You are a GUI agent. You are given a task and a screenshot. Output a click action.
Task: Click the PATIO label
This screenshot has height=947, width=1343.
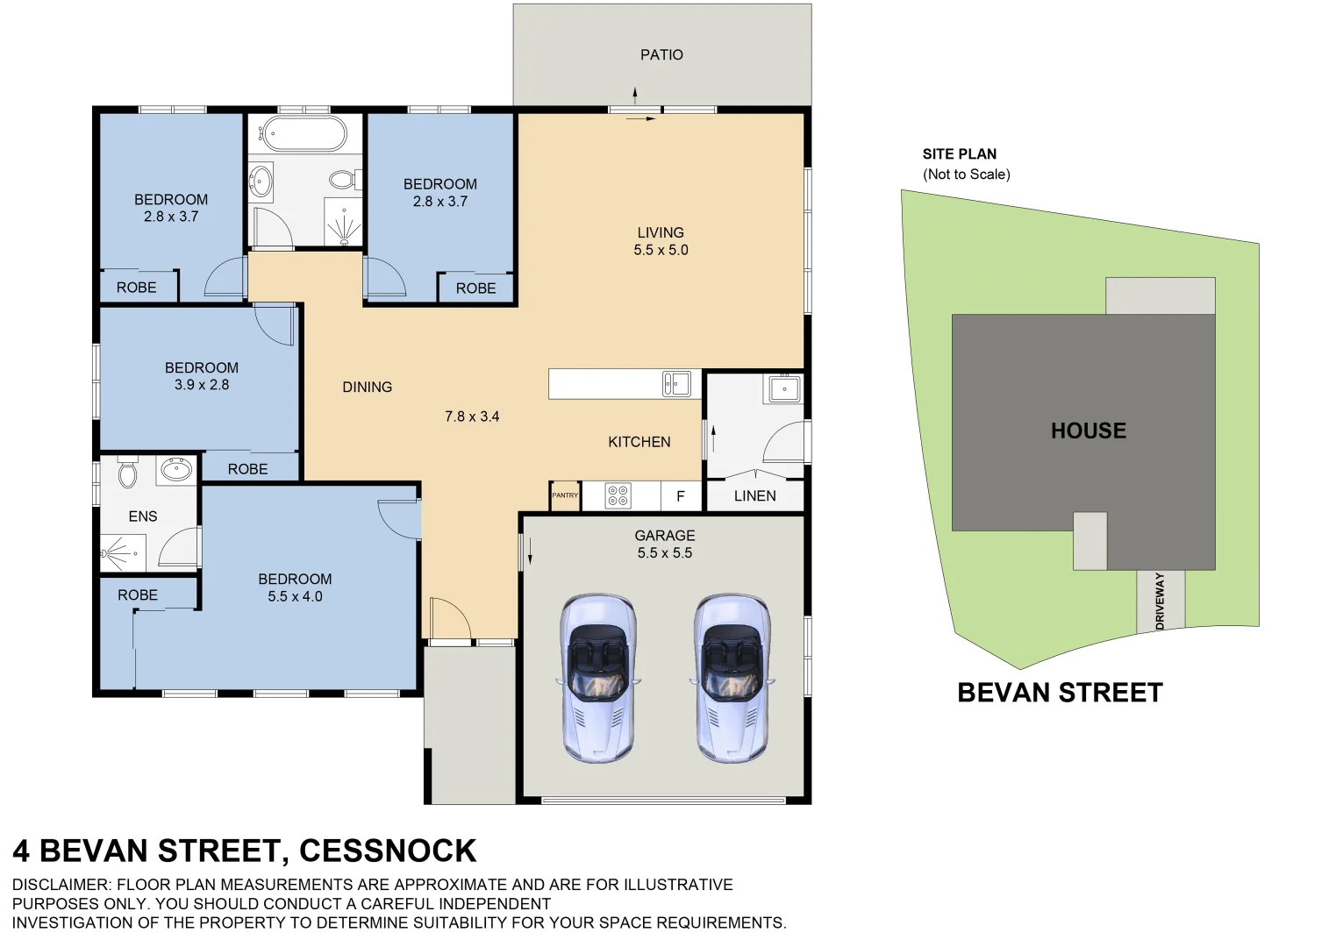point(661,54)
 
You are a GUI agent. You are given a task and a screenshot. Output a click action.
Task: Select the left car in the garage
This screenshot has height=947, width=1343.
point(597,677)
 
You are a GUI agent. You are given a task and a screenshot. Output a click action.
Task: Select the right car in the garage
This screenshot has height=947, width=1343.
point(732,677)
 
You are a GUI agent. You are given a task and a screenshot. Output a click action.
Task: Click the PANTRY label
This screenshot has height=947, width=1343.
point(565,495)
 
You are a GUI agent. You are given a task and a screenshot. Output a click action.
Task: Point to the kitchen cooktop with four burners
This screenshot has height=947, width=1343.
point(618,496)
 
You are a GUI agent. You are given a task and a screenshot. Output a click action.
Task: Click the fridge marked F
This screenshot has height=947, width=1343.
point(680,496)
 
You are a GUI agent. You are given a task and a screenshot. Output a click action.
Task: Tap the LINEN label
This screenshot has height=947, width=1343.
point(754,496)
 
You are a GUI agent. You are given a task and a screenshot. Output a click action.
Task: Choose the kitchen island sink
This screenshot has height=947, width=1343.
point(675,383)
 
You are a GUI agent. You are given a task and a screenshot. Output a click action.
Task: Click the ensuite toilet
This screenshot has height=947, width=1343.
point(128,473)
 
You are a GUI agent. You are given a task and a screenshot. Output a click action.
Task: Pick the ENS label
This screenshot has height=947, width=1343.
point(143,516)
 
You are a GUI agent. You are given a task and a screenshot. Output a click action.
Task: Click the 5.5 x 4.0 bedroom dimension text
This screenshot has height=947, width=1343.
point(295,596)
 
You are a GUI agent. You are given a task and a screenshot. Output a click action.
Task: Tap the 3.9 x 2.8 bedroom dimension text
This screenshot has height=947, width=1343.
point(202,385)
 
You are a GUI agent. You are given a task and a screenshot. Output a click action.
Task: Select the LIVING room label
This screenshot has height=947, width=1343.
point(661,232)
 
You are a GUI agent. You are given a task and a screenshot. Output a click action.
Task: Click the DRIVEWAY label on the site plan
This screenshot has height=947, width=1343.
point(1160,601)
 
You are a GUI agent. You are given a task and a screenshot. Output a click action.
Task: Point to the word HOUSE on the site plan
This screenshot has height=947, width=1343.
point(1089,431)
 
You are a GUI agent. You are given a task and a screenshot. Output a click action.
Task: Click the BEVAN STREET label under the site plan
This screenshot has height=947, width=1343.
point(1060,693)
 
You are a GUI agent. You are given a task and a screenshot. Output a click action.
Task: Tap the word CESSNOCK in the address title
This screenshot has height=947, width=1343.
point(388,851)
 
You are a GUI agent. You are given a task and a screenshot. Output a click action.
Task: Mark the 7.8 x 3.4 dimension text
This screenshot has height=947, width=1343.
point(472,417)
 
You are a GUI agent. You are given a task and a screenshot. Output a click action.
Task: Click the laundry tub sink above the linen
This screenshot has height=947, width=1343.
point(782,388)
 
